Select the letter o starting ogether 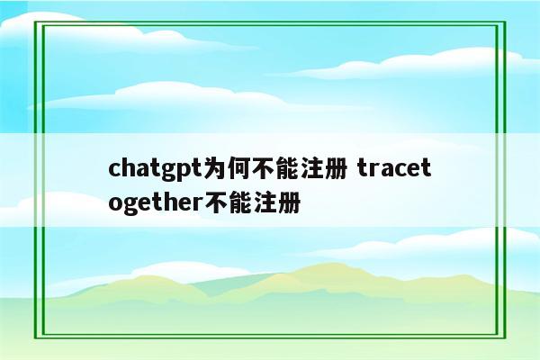114,201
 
